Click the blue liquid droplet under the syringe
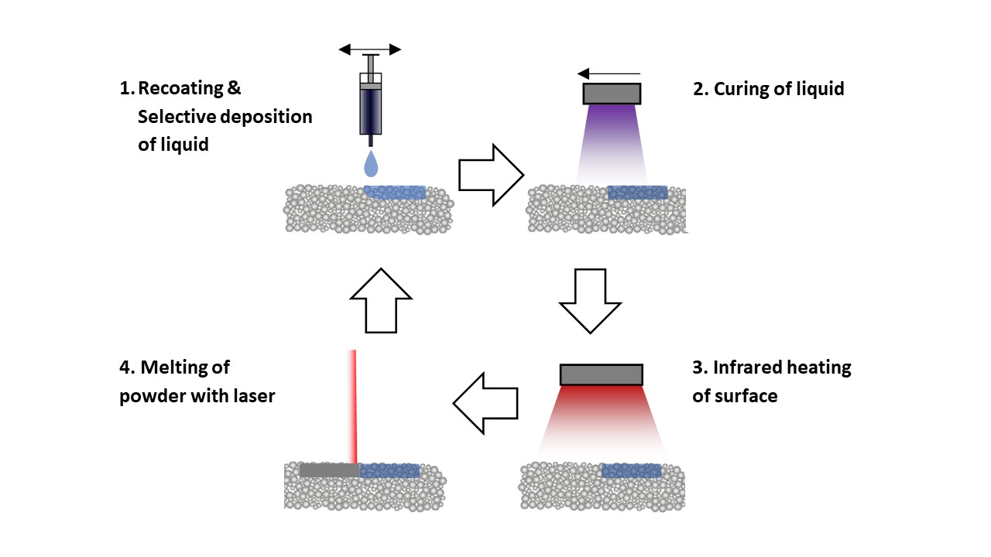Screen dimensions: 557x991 [372, 164]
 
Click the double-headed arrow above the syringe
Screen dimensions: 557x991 [370, 50]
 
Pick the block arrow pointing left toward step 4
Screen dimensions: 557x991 [485, 403]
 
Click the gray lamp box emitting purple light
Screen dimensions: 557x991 [612, 94]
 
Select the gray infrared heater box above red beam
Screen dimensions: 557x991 [601, 374]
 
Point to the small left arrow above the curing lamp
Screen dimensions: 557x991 [609, 74]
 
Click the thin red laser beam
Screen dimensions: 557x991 [353, 406]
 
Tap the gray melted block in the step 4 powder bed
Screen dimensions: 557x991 [329, 470]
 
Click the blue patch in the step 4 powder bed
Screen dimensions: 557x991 [389, 470]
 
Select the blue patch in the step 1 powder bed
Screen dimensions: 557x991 [395, 192]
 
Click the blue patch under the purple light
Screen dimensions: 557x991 [637, 192]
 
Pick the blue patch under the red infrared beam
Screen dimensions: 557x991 [631, 470]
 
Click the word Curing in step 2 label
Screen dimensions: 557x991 [742, 89]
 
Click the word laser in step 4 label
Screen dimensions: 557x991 [252, 396]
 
